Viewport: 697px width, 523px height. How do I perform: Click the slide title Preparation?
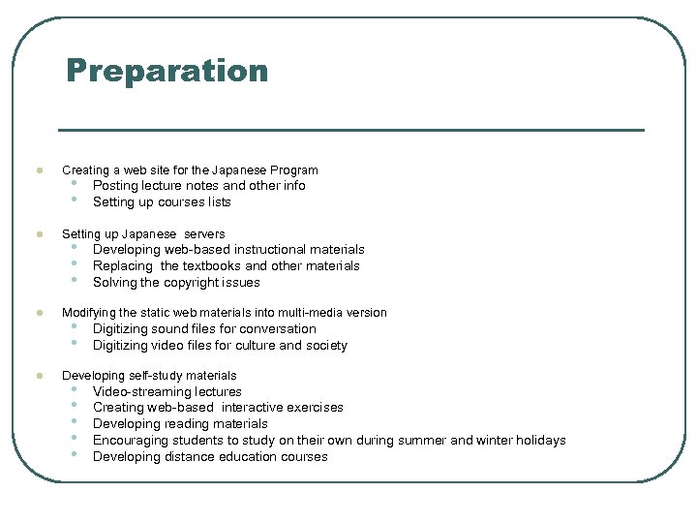tap(167, 71)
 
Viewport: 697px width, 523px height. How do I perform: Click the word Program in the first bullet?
tap(294, 170)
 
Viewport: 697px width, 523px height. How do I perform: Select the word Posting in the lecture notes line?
tap(115, 186)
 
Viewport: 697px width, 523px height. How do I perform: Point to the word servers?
tap(204, 234)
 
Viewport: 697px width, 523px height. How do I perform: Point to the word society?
tap(325, 346)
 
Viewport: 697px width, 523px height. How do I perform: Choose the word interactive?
tap(256, 408)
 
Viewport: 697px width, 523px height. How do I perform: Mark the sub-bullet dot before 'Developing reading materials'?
tap(75, 423)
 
